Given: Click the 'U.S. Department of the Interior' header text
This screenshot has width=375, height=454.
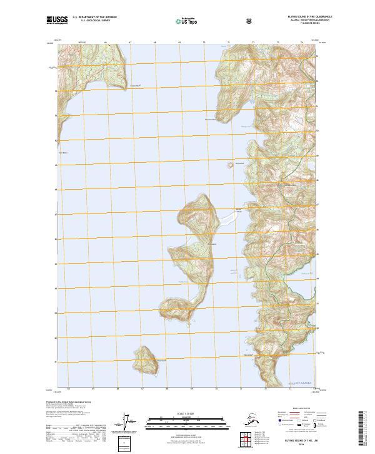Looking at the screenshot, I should tap(94, 18).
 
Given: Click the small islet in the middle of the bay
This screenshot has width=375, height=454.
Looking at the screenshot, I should tap(229, 166).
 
